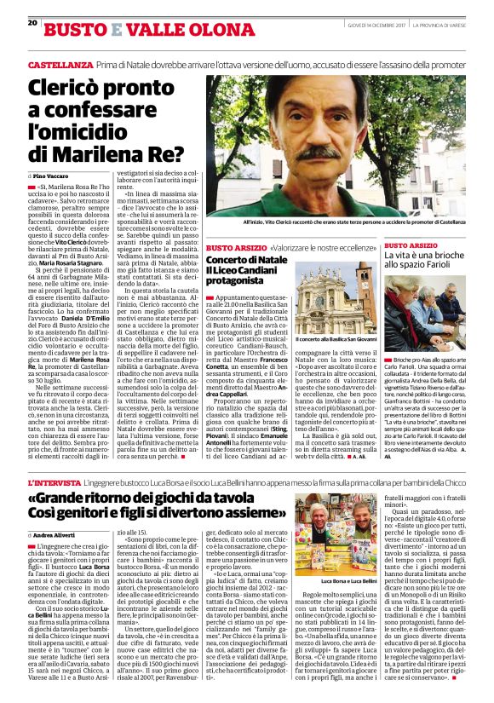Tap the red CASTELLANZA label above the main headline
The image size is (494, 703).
pos(59,64)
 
